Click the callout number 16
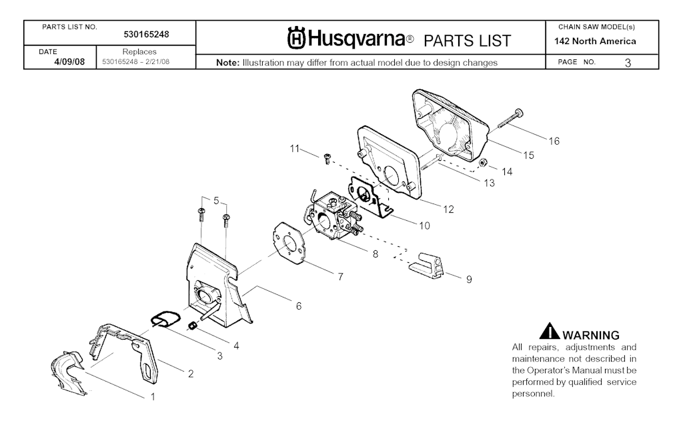point(554,141)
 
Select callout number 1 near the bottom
point(152,397)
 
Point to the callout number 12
point(448,209)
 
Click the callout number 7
point(340,276)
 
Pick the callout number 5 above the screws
point(215,199)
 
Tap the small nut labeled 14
point(485,163)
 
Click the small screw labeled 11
point(327,158)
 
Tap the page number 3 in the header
point(628,63)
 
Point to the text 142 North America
point(595,41)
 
